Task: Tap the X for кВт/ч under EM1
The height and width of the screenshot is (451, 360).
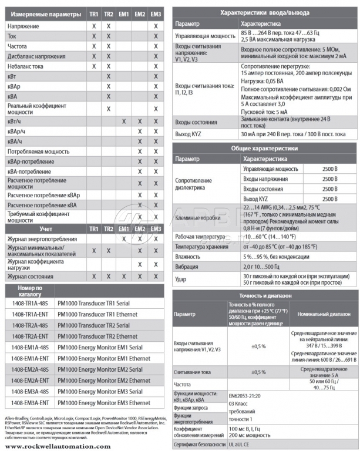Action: (124, 121)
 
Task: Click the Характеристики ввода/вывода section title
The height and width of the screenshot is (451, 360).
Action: (265, 12)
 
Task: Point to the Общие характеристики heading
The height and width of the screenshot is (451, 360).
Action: (265, 149)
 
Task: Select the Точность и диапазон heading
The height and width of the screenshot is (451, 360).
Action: (265, 295)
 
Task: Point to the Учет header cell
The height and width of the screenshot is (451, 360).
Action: (46, 228)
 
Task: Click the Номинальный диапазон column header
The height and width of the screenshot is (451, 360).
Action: (321, 315)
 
